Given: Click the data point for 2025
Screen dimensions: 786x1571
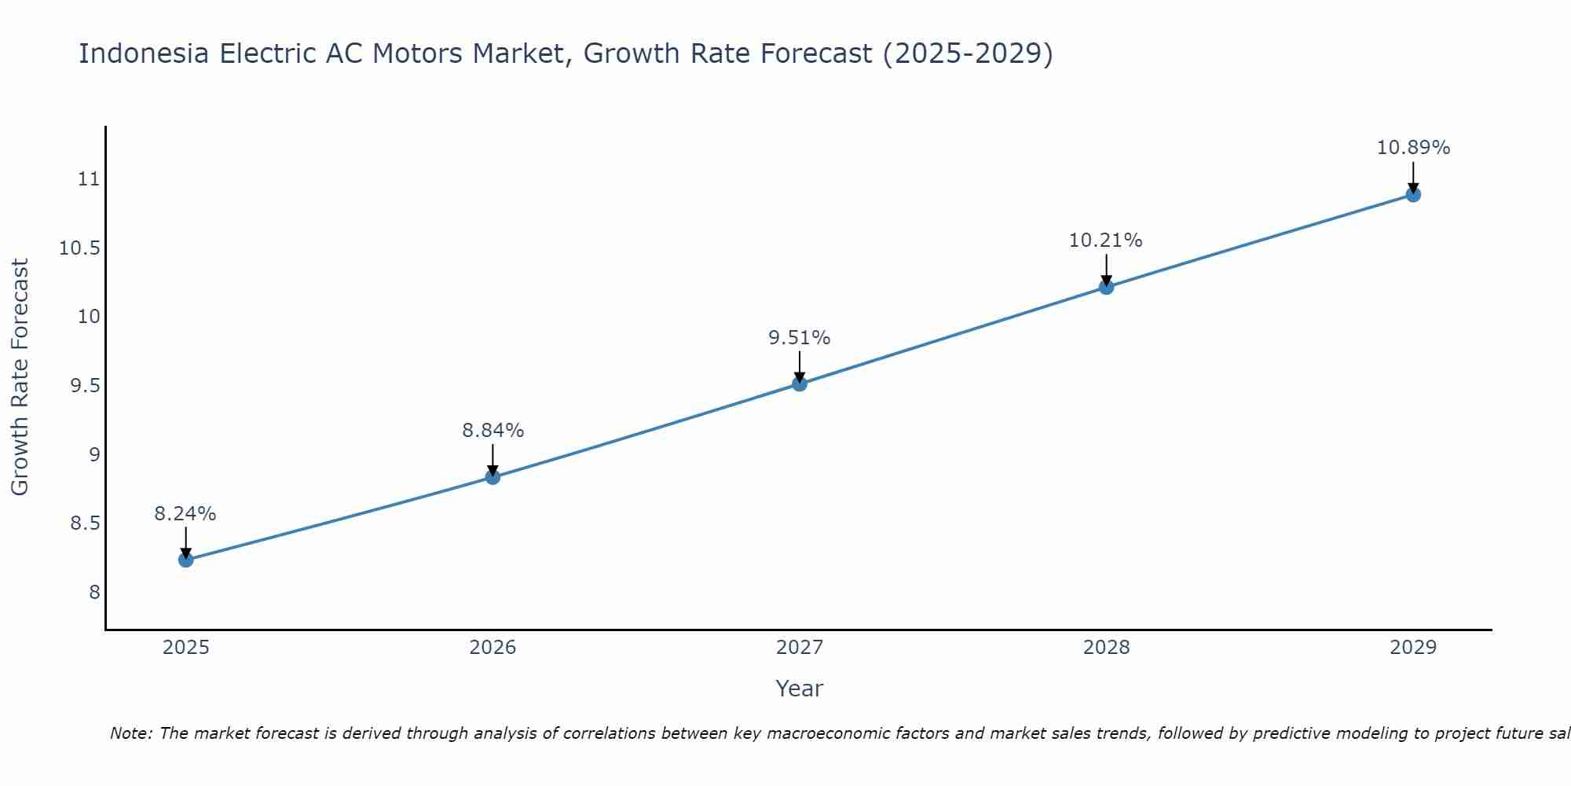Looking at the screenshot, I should point(186,560).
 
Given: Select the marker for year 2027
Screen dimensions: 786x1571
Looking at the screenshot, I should point(800,384).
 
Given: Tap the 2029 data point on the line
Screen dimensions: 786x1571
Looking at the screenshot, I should point(1413,194).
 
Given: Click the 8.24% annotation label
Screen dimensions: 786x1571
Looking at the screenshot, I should point(185,514).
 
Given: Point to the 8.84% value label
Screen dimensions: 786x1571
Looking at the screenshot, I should point(493,431).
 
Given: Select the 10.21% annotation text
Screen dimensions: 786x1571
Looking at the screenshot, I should point(1106,241).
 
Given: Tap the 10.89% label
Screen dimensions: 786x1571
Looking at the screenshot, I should point(1413,148).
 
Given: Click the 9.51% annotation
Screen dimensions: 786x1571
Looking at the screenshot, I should point(800,338).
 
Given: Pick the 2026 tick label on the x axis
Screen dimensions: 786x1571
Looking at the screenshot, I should point(493,648).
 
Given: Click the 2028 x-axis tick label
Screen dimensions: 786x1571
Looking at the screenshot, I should point(1106,648).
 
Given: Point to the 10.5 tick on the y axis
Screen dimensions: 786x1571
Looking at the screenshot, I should point(80,248).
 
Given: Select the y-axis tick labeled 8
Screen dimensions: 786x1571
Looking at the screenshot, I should point(95,593).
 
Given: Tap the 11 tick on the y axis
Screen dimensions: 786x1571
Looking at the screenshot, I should point(90,179).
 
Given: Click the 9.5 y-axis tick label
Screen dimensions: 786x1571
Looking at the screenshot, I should point(85,386).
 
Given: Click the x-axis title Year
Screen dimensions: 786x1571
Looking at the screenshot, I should point(800,689).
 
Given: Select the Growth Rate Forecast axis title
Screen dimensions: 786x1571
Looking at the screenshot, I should point(20,377).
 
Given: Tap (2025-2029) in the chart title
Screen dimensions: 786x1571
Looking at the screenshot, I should point(967,53).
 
